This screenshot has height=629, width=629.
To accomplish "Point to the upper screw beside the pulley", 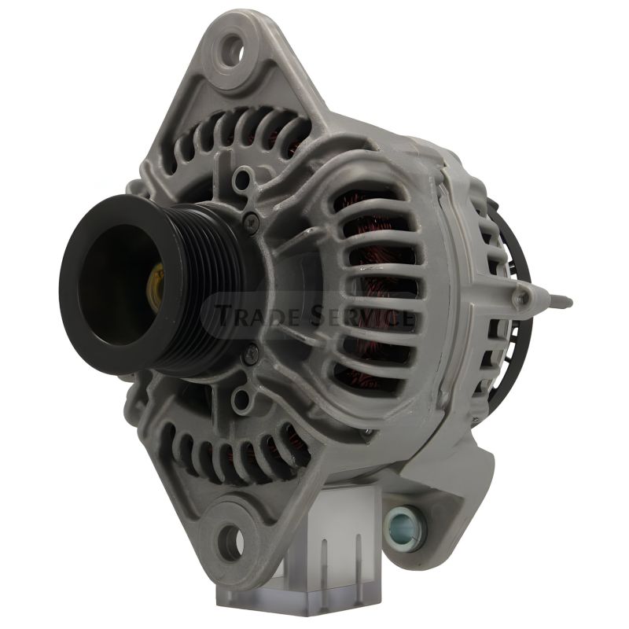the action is pyautogui.click(x=252, y=219).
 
